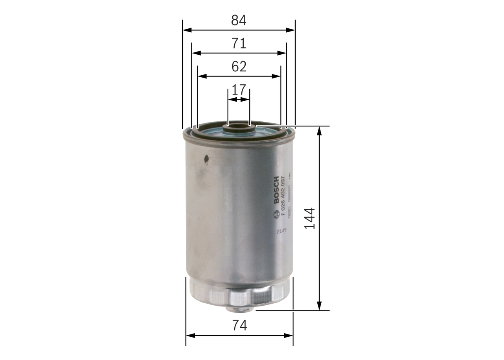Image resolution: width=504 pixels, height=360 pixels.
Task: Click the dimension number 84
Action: click(239, 20)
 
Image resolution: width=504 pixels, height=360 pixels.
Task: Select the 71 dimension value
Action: click(239, 43)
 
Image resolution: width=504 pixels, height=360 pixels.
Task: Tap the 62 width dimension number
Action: click(239, 67)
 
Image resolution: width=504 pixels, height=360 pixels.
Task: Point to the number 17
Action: click(239, 90)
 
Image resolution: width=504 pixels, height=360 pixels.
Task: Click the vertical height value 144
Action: click(309, 218)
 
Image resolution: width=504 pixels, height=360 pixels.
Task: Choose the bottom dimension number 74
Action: click(239, 326)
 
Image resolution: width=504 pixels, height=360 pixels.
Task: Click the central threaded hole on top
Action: click(238, 127)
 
